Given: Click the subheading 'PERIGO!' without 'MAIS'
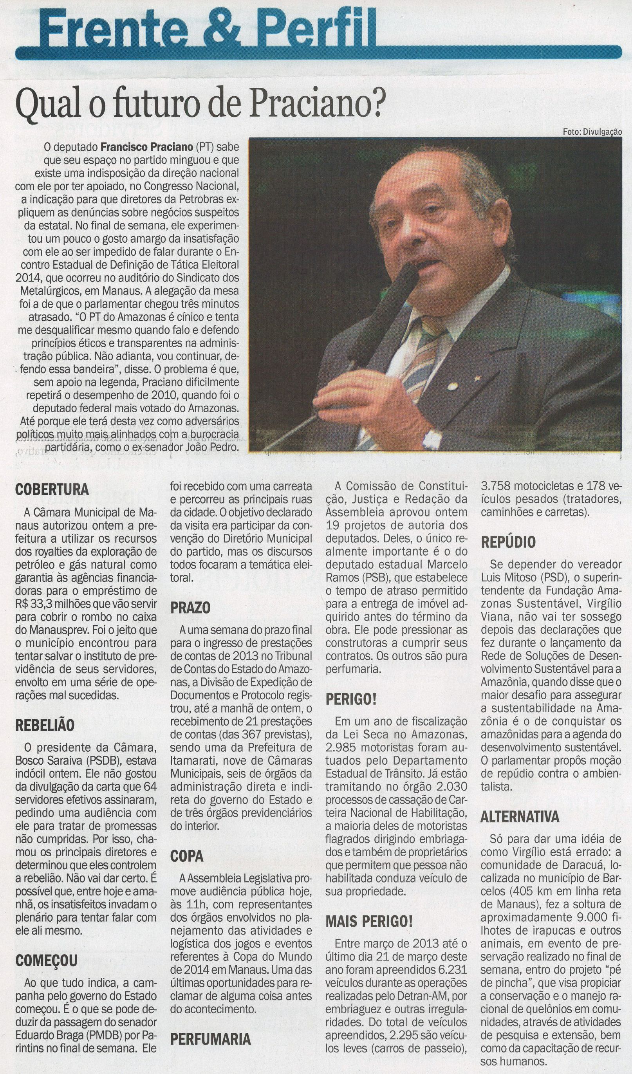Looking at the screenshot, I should (351, 700).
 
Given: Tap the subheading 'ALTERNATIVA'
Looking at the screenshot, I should (520, 818).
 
